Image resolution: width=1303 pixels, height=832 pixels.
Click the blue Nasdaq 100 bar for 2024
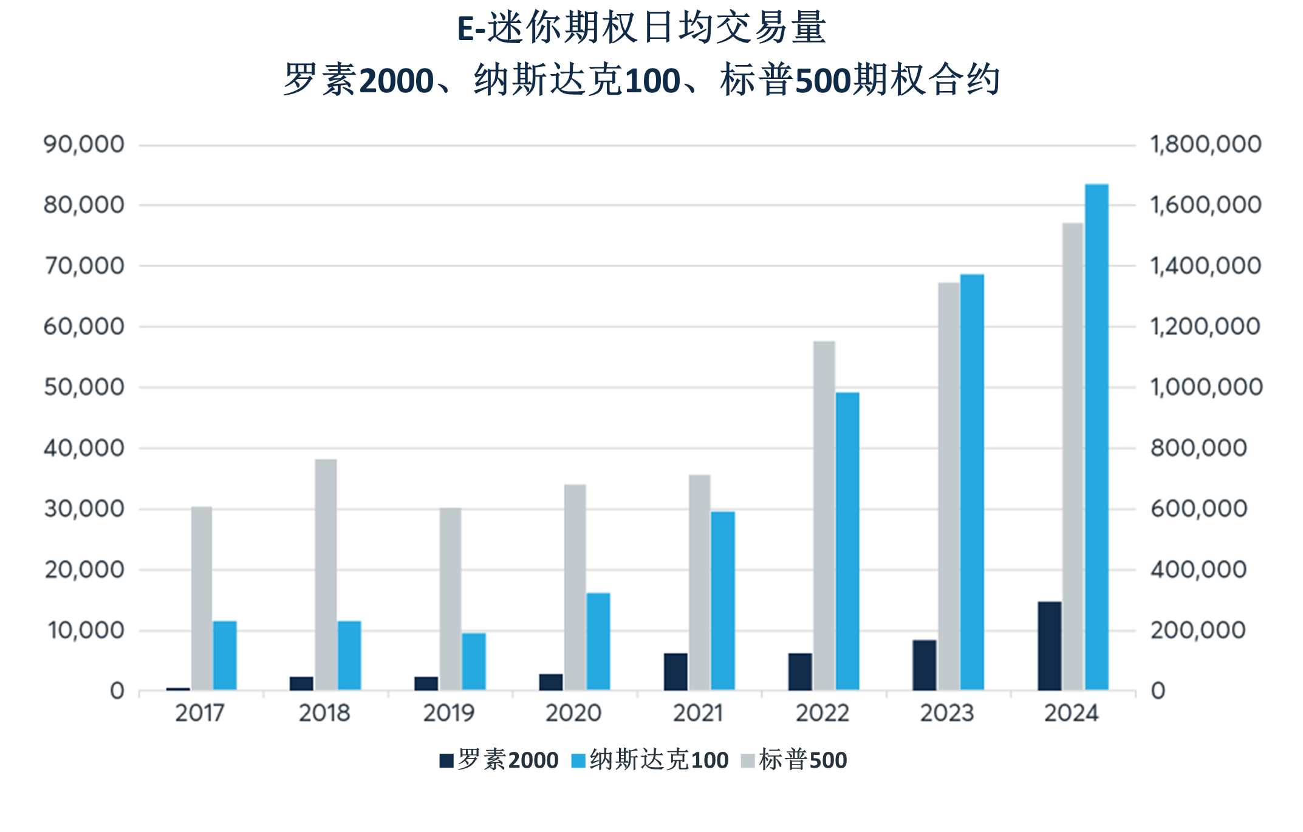[x=1096, y=437]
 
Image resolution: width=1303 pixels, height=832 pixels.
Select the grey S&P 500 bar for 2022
[x=824, y=516]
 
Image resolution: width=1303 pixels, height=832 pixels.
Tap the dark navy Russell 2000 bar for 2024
[x=1050, y=646]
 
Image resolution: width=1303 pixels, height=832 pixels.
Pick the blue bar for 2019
[x=474, y=662]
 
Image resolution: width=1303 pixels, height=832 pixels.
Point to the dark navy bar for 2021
[x=675, y=672]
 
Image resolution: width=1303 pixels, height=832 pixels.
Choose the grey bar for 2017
[x=202, y=598]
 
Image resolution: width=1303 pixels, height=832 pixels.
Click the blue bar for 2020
[x=598, y=641]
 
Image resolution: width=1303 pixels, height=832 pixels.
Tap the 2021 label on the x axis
[x=698, y=713]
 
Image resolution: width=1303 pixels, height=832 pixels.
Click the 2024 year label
[x=1071, y=713]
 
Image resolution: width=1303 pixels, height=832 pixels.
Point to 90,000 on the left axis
[x=84, y=145]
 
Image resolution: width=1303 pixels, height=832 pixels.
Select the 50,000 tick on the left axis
[x=84, y=387]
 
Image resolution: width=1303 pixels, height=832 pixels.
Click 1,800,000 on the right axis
[x=1206, y=145]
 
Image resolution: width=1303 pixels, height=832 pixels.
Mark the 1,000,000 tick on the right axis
[x=1206, y=387]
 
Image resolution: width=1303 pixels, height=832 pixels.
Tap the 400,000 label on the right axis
[x=1198, y=570]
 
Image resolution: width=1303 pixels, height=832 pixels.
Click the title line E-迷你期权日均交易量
[x=641, y=28]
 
